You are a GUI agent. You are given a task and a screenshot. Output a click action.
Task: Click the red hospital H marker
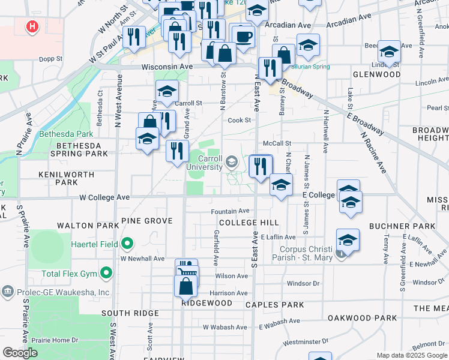(32, 27)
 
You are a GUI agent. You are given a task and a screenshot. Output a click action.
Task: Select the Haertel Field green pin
(127, 244)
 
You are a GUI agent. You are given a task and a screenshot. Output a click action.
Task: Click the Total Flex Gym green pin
(107, 274)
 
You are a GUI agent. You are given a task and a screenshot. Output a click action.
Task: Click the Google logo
(20, 353)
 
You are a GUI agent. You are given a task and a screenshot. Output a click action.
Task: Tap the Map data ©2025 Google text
(412, 355)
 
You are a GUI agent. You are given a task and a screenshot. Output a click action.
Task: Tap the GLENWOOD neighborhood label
(377, 74)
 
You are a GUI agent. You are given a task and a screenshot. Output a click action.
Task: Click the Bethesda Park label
(60, 134)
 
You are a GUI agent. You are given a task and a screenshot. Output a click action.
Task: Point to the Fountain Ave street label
(229, 211)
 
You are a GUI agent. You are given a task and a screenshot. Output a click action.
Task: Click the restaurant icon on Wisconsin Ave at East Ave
(270, 68)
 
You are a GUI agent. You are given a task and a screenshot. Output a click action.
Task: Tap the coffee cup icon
(243, 35)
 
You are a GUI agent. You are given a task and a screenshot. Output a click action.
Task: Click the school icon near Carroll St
(167, 91)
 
